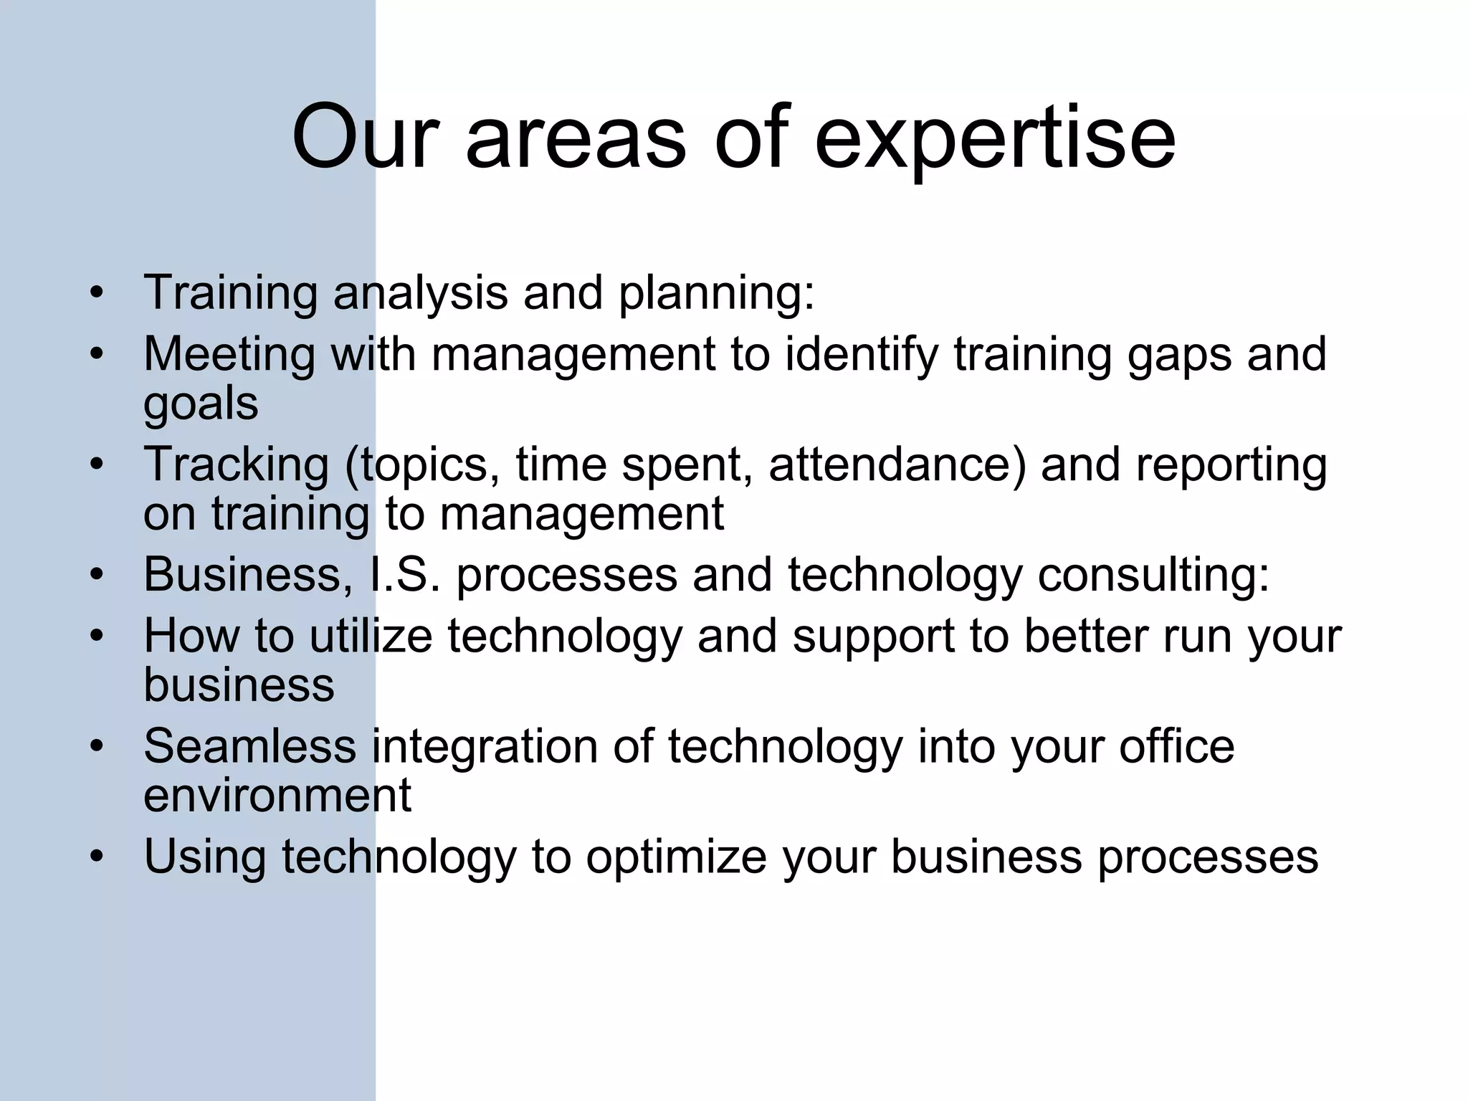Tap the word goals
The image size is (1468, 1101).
(x=201, y=404)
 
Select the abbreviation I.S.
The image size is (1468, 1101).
(x=404, y=575)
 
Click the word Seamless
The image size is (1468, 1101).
(x=249, y=746)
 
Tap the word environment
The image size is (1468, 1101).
(x=277, y=796)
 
